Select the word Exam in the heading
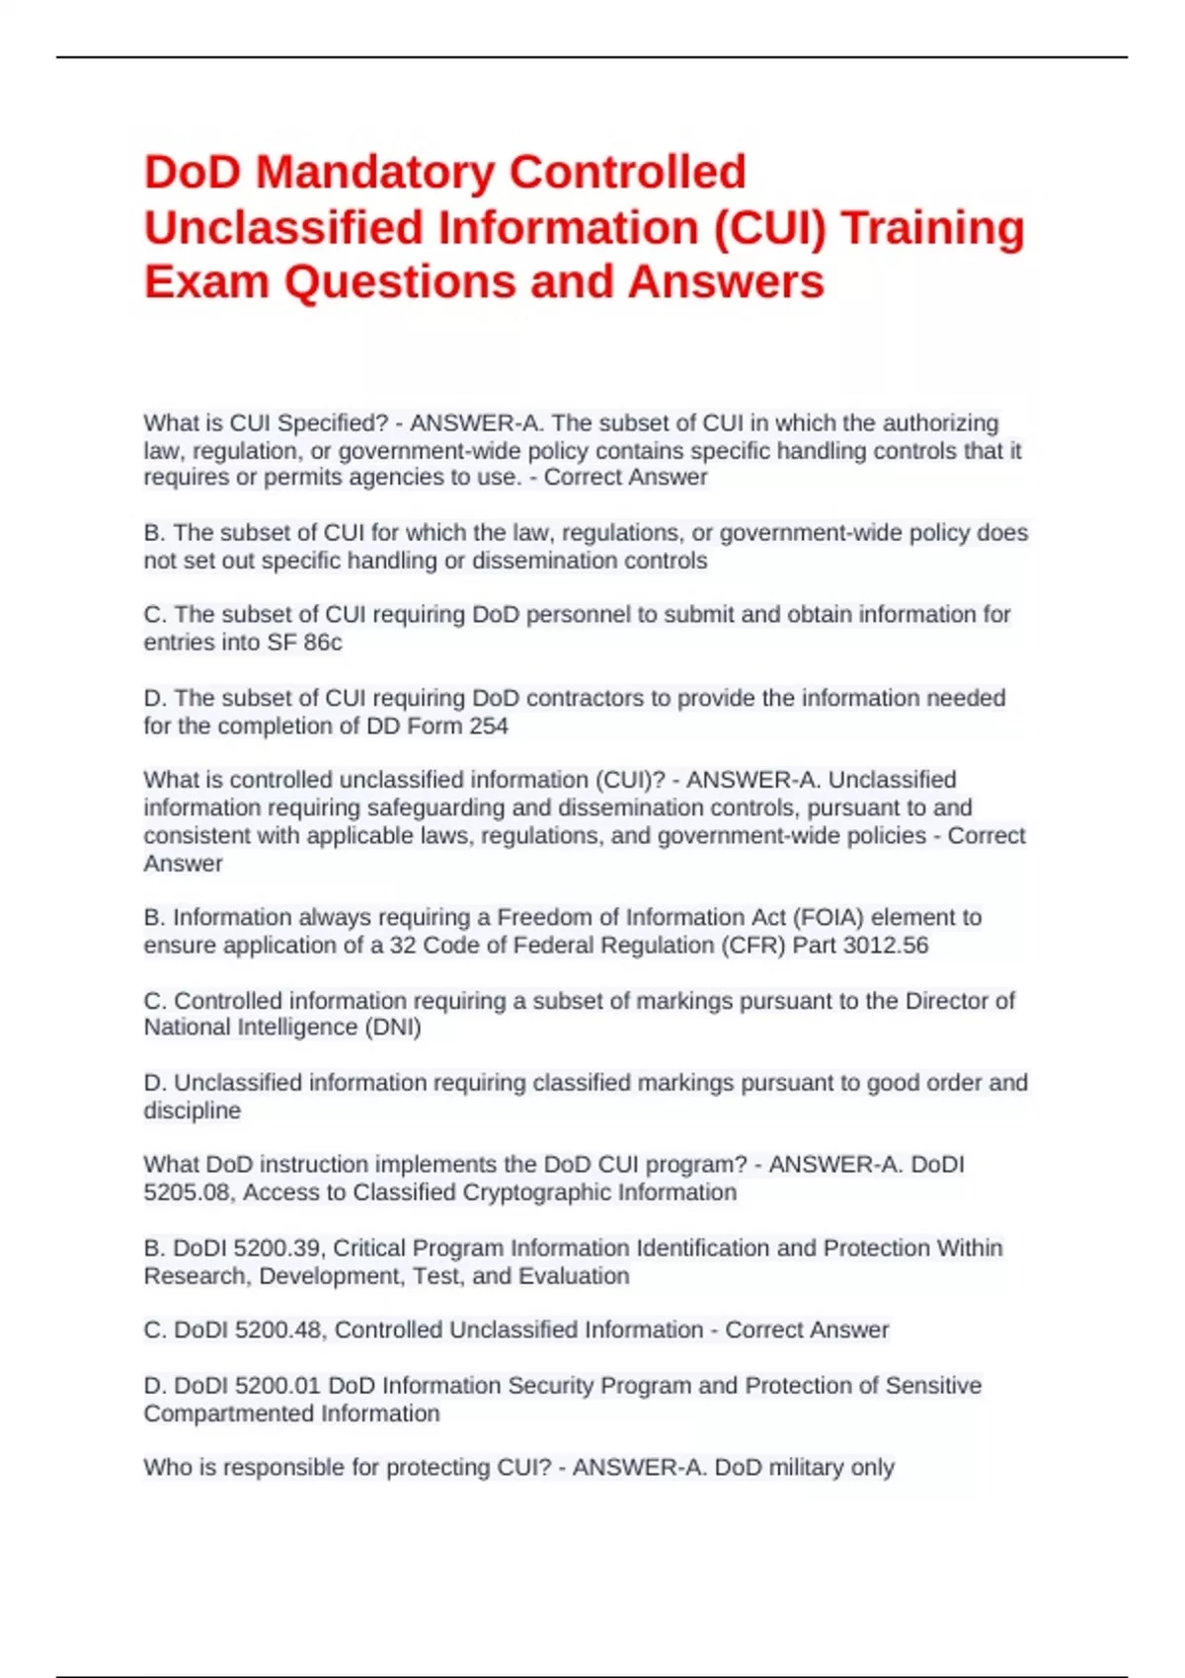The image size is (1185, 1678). (206, 281)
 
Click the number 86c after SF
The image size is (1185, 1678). (322, 643)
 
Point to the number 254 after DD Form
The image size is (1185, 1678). (489, 726)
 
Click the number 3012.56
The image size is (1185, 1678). (886, 946)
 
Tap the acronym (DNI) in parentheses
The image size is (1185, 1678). (393, 1028)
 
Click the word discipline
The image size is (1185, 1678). (192, 1110)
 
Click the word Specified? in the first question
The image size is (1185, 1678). (333, 423)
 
